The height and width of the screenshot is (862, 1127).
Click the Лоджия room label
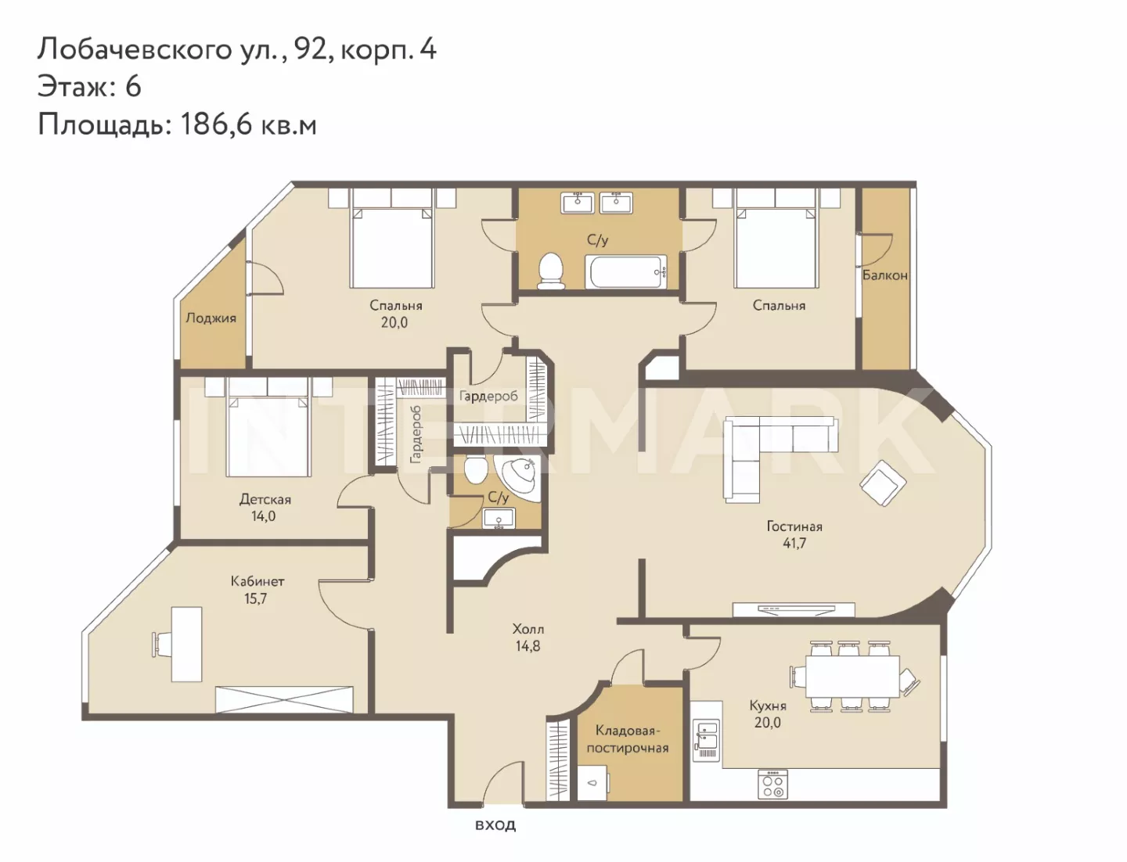(x=211, y=318)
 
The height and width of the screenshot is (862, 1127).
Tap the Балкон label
(x=884, y=275)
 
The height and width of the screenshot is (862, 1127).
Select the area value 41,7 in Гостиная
(x=794, y=543)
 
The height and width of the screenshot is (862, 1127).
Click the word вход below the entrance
(x=495, y=825)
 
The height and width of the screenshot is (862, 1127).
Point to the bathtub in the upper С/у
(x=626, y=271)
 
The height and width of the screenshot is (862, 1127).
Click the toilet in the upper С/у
(x=551, y=271)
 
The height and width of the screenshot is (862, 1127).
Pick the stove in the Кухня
(x=772, y=785)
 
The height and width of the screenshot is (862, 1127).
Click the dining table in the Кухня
(x=852, y=677)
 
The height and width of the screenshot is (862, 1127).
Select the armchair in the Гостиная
(x=883, y=483)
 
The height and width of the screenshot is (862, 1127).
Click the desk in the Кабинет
(x=186, y=645)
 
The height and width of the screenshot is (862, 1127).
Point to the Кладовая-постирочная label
(x=628, y=739)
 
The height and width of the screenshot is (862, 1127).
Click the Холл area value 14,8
(x=527, y=645)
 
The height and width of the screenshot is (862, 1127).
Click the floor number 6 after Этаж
(x=133, y=86)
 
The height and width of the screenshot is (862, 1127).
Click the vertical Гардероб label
(x=416, y=434)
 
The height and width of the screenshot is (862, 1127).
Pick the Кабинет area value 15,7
(x=255, y=598)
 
